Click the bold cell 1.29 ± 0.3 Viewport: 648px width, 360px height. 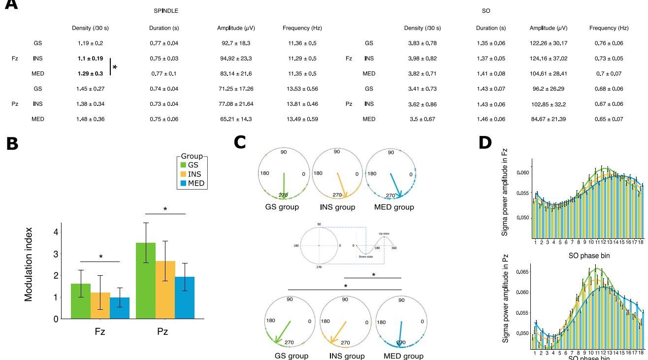click(x=90, y=74)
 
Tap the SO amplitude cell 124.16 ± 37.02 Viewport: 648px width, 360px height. click(x=549, y=59)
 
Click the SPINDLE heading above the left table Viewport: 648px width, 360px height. click(x=166, y=11)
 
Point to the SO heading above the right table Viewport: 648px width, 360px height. click(x=486, y=11)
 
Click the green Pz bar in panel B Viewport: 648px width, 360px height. click(x=145, y=281)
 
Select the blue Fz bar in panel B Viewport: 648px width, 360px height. click(x=120, y=308)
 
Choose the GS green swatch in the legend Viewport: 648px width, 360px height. click(x=183, y=165)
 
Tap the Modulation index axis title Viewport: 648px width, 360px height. click(x=29, y=264)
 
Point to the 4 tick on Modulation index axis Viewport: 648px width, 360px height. click(x=56, y=232)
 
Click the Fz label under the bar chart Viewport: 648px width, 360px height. click(x=100, y=331)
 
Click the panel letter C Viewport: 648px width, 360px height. click(x=240, y=143)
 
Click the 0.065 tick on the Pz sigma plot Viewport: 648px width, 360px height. click(x=523, y=272)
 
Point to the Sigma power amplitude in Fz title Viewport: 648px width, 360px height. click(x=505, y=195)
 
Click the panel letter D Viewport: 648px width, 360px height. click(x=485, y=143)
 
